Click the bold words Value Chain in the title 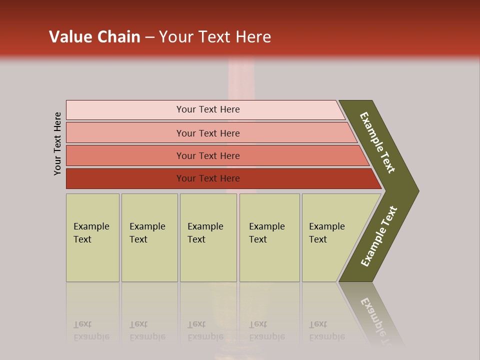[94, 37]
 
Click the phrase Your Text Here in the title [215, 37]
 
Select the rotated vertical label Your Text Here [57, 143]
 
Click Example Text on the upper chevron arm [377, 142]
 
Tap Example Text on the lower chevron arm [379, 236]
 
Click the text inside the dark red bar [208, 178]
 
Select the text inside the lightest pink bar [208, 109]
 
